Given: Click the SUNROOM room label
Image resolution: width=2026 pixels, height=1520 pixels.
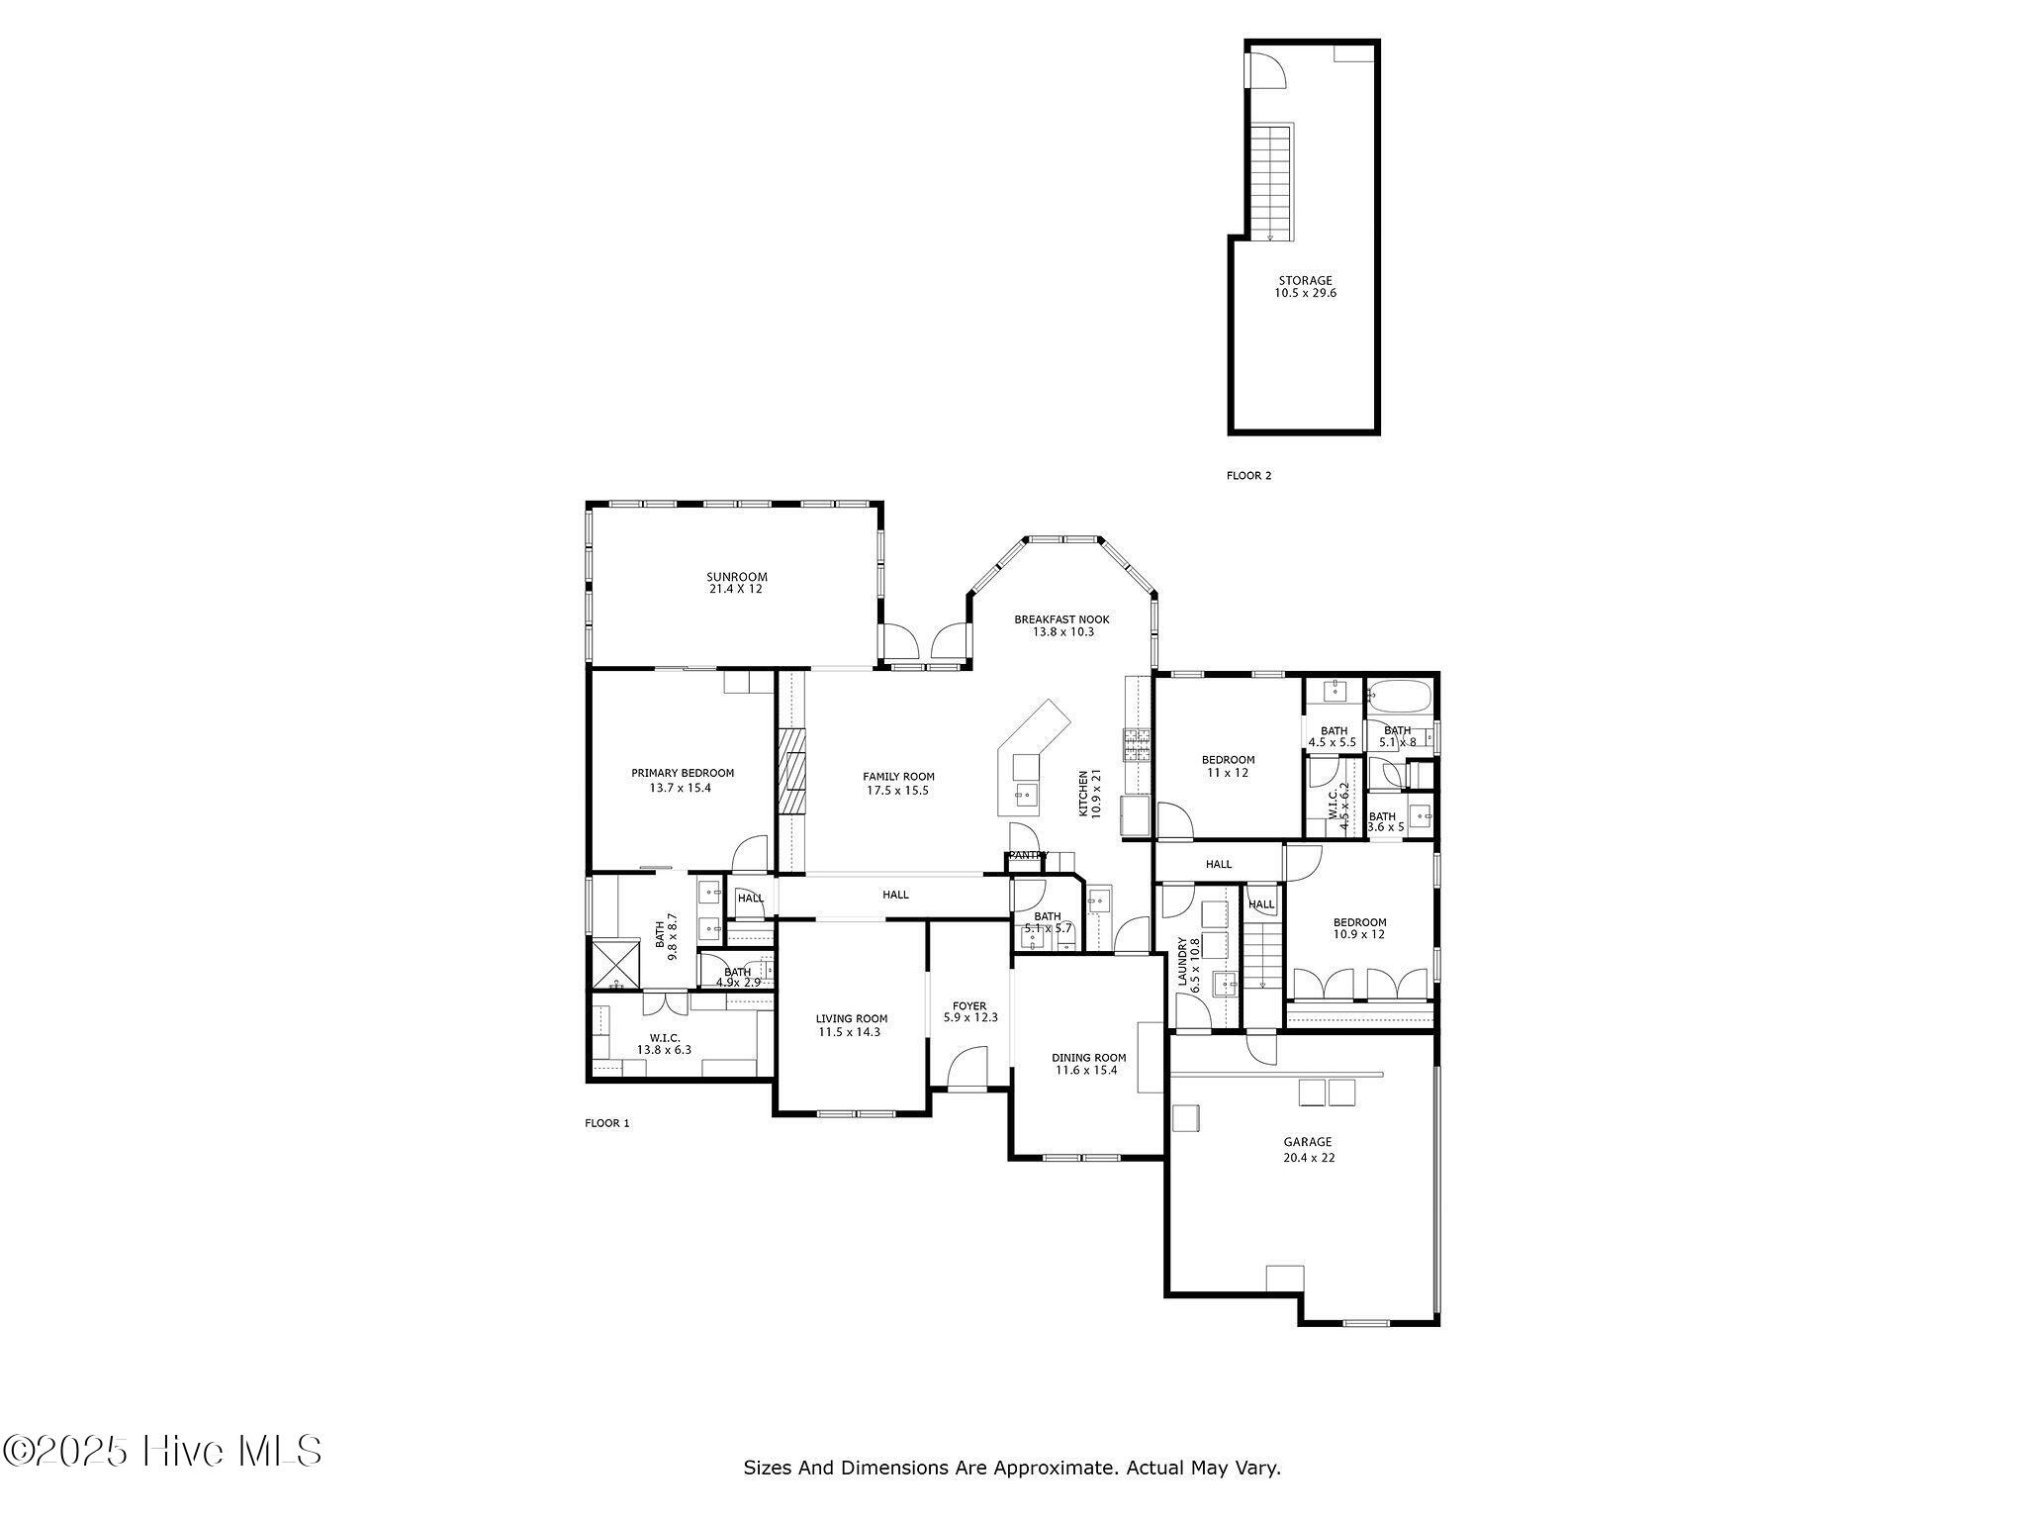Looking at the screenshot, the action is pos(736,577).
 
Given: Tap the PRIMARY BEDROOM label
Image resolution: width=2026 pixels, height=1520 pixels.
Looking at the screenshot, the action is pos(683,773).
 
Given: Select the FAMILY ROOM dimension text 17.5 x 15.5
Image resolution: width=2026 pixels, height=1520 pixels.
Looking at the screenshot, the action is pos(898,790).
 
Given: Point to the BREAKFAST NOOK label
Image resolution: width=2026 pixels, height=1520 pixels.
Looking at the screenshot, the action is pos(1061,619).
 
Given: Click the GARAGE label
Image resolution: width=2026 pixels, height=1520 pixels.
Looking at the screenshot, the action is pos(1308,1141).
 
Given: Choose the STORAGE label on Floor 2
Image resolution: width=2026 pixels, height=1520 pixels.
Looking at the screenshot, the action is pos(1305,280).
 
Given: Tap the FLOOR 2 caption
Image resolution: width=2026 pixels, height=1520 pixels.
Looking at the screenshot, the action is pos(1248,475).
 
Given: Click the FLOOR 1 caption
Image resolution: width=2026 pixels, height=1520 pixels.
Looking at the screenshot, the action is pos(606,1122).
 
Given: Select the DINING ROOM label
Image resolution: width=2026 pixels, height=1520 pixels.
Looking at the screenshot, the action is pos(1088,1057).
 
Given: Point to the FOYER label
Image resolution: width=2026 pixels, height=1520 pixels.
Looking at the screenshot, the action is pos(968,1005).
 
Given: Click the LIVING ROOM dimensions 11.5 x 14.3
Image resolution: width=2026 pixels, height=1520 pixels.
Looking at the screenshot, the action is pos(849,1031).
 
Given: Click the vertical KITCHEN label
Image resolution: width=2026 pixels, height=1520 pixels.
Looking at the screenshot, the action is pos(1083,793).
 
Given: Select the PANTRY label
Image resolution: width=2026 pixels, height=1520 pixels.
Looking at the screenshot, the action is pos(1028,855).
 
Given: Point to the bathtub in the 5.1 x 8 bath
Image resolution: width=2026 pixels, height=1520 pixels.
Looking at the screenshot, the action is pos(1400,697).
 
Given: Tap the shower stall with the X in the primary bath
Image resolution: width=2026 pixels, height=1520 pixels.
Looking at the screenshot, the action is pos(615,964).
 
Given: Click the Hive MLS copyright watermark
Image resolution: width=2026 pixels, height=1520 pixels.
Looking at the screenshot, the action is pos(162,1451).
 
